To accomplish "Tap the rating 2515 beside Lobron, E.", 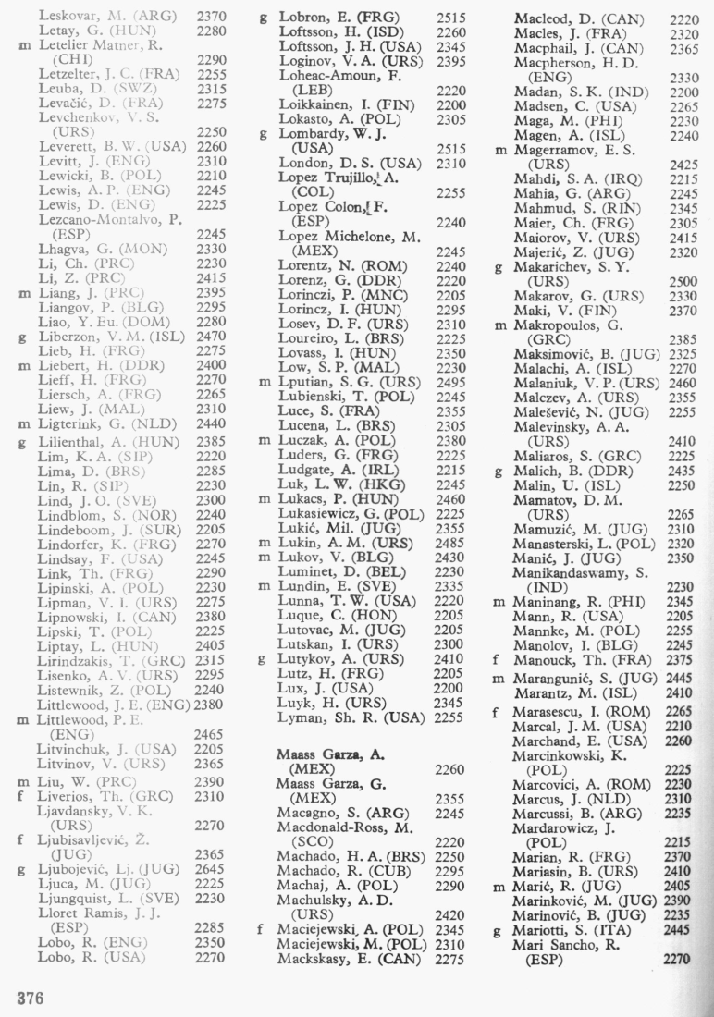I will [449, 17].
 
